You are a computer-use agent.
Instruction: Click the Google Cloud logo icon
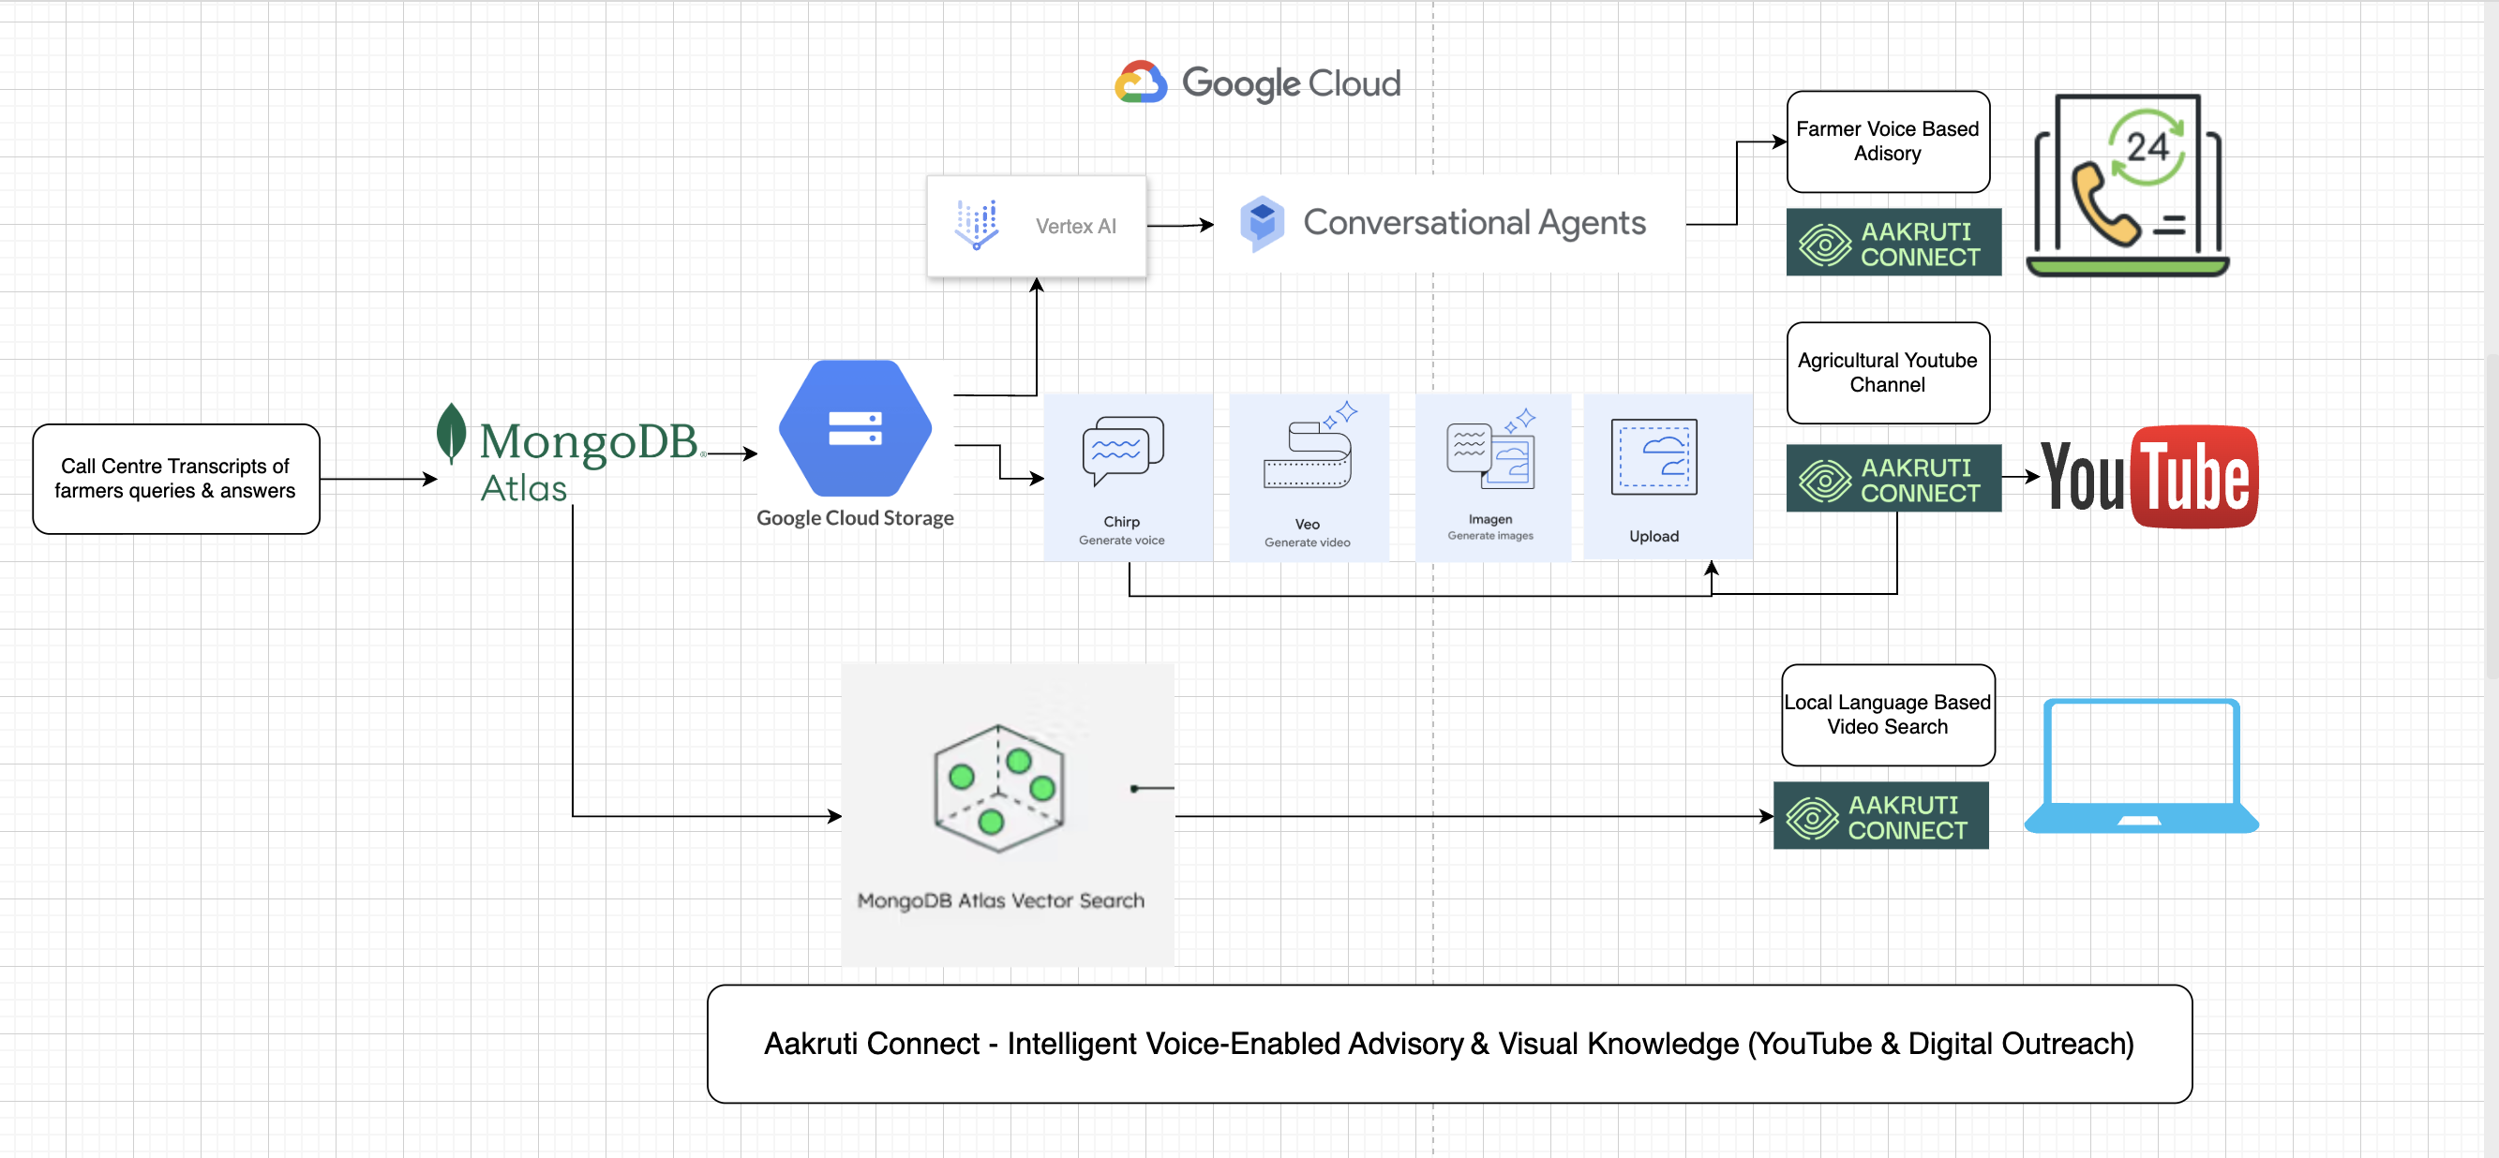[1140, 82]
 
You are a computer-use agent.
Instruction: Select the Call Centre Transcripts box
[175, 478]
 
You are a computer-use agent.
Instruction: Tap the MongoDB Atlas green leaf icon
[450, 433]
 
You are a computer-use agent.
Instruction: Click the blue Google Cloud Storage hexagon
[855, 429]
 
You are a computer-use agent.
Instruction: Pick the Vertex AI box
[1036, 226]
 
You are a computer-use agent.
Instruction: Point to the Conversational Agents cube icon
[1261, 223]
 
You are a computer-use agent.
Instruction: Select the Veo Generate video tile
[1308, 476]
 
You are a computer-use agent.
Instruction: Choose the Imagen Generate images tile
[1491, 476]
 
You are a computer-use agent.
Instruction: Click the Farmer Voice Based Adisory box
[1887, 141]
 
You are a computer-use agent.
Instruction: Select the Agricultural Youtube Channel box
[1887, 373]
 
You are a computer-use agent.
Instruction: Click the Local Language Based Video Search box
[1887, 715]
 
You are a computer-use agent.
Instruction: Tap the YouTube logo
[2149, 476]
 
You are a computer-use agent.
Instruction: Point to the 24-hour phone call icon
[2127, 185]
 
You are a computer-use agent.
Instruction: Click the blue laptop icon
[2141, 765]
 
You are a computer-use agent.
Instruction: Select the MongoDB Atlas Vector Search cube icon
[999, 788]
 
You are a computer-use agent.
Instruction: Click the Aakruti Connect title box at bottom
[1448, 1044]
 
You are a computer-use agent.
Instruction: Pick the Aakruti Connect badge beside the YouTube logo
[1893, 478]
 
